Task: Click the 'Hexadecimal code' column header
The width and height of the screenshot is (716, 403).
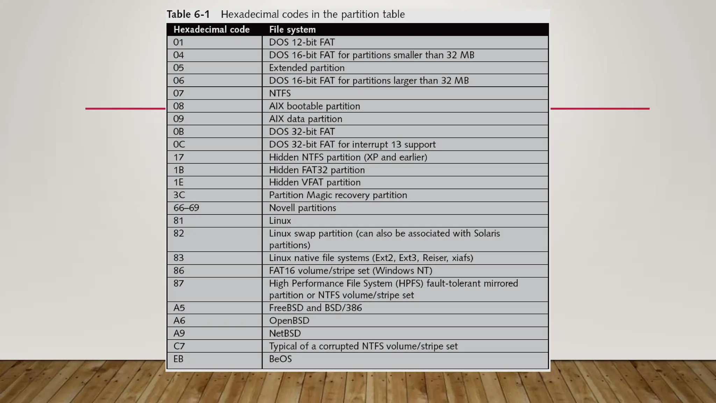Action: pyautogui.click(x=212, y=30)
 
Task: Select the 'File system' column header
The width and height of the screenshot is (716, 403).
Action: pyautogui.click(x=292, y=30)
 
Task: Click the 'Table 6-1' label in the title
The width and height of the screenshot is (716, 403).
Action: pyautogui.click(x=188, y=14)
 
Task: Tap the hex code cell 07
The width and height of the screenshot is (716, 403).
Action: pyautogui.click(x=179, y=93)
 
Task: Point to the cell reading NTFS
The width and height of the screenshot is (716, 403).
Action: pyautogui.click(x=280, y=93)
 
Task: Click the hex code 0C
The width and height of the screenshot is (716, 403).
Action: pyautogui.click(x=179, y=144)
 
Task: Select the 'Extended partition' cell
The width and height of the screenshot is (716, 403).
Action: pyautogui.click(x=307, y=68)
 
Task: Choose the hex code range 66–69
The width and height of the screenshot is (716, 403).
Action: pyautogui.click(x=186, y=208)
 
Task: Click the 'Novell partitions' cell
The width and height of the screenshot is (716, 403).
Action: pyautogui.click(x=302, y=208)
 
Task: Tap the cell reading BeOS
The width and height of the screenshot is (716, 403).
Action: pyautogui.click(x=280, y=359)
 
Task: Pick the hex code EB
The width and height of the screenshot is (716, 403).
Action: pyautogui.click(x=178, y=359)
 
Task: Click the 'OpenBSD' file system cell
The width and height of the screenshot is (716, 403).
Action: pyautogui.click(x=289, y=321)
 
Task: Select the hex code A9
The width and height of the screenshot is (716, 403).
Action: pyautogui.click(x=179, y=333)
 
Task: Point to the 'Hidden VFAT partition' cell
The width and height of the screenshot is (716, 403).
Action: pyautogui.click(x=315, y=182)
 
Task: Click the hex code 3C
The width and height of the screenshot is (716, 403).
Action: pyautogui.click(x=179, y=195)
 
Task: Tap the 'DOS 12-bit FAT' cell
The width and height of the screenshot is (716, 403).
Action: pyautogui.click(x=302, y=42)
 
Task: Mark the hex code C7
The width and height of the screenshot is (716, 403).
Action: pyautogui.click(x=179, y=346)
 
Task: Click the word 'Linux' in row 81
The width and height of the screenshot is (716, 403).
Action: pyautogui.click(x=280, y=221)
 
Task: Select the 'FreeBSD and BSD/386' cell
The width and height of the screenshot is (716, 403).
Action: pyautogui.click(x=315, y=308)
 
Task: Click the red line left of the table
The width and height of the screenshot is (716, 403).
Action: pyautogui.click(x=125, y=108)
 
